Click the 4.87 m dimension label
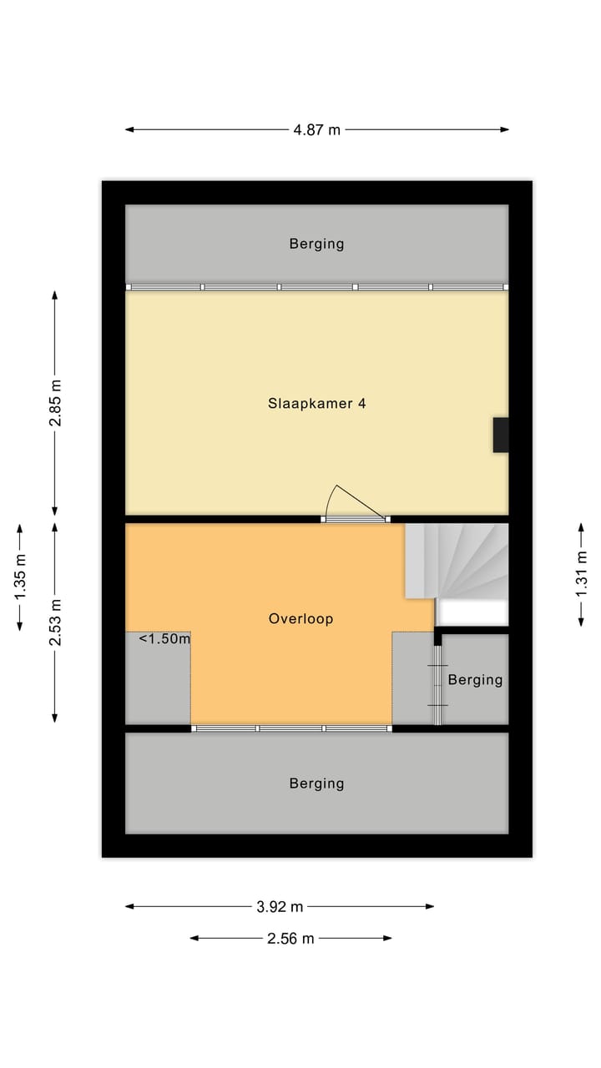(x=317, y=129)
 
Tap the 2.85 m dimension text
(x=55, y=403)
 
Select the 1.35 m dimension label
(x=19, y=577)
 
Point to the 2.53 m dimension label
(x=55, y=623)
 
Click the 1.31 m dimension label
(x=581, y=573)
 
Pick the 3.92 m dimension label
(x=279, y=906)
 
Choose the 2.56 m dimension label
(x=290, y=938)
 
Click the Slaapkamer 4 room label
(x=316, y=403)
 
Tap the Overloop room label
(x=300, y=618)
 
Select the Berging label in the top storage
(x=316, y=244)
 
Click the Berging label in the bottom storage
(x=316, y=783)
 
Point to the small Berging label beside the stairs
(x=475, y=679)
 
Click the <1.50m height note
(x=164, y=639)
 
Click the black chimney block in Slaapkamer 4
(x=501, y=435)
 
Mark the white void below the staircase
(x=473, y=613)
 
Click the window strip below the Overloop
(x=291, y=728)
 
